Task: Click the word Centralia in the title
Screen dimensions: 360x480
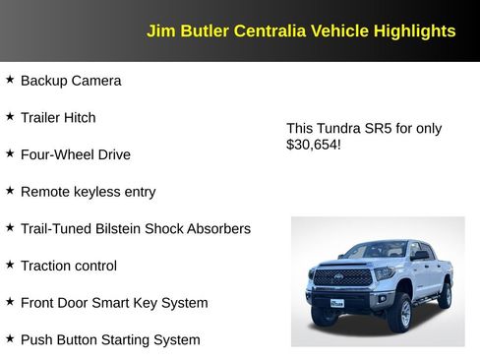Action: coord(269,31)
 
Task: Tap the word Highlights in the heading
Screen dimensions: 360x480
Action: coord(414,31)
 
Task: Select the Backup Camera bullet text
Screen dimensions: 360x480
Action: coord(71,81)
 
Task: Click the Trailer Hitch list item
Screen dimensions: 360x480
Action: coord(58,118)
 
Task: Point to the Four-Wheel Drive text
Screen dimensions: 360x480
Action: coord(75,154)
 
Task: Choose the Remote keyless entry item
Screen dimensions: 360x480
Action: coord(88,192)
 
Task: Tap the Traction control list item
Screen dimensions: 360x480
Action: coord(68,266)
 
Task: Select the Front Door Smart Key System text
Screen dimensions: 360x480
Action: coord(114,303)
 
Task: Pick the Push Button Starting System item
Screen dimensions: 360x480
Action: coord(110,340)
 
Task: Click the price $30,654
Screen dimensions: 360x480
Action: coord(313,146)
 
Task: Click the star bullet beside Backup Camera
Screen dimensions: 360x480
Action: coord(10,80)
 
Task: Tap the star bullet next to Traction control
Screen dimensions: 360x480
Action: coord(10,265)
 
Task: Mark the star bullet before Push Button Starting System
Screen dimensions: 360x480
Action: coord(10,338)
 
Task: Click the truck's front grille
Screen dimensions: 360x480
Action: coord(342,278)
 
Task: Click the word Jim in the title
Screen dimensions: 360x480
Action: coord(160,31)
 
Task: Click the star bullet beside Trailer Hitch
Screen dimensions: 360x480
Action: coord(10,116)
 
